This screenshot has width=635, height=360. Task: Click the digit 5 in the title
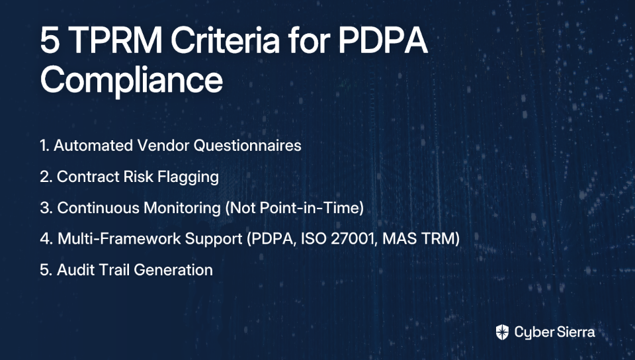tap(50, 40)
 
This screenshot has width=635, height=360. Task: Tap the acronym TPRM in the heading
tap(115, 40)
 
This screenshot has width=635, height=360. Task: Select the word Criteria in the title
tap(225, 40)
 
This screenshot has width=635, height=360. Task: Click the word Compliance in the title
tap(132, 80)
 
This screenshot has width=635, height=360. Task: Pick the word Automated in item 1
tap(93, 146)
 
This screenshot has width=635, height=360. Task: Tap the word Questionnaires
tap(247, 146)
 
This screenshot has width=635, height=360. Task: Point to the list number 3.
tap(45, 208)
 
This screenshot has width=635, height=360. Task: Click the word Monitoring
tap(182, 208)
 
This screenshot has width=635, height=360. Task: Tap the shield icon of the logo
tap(502, 332)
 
